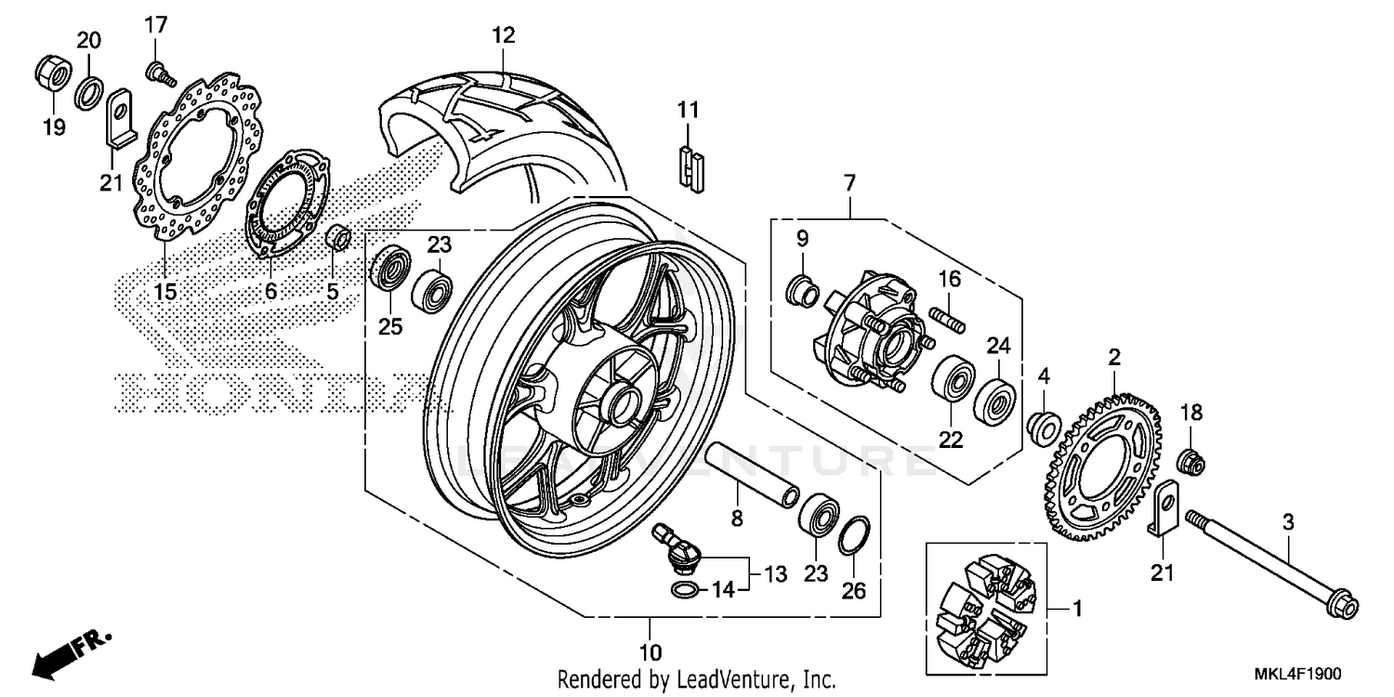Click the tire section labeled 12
click(x=493, y=125)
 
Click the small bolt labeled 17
click(x=157, y=70)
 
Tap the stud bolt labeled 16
click(x=948, y=312)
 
